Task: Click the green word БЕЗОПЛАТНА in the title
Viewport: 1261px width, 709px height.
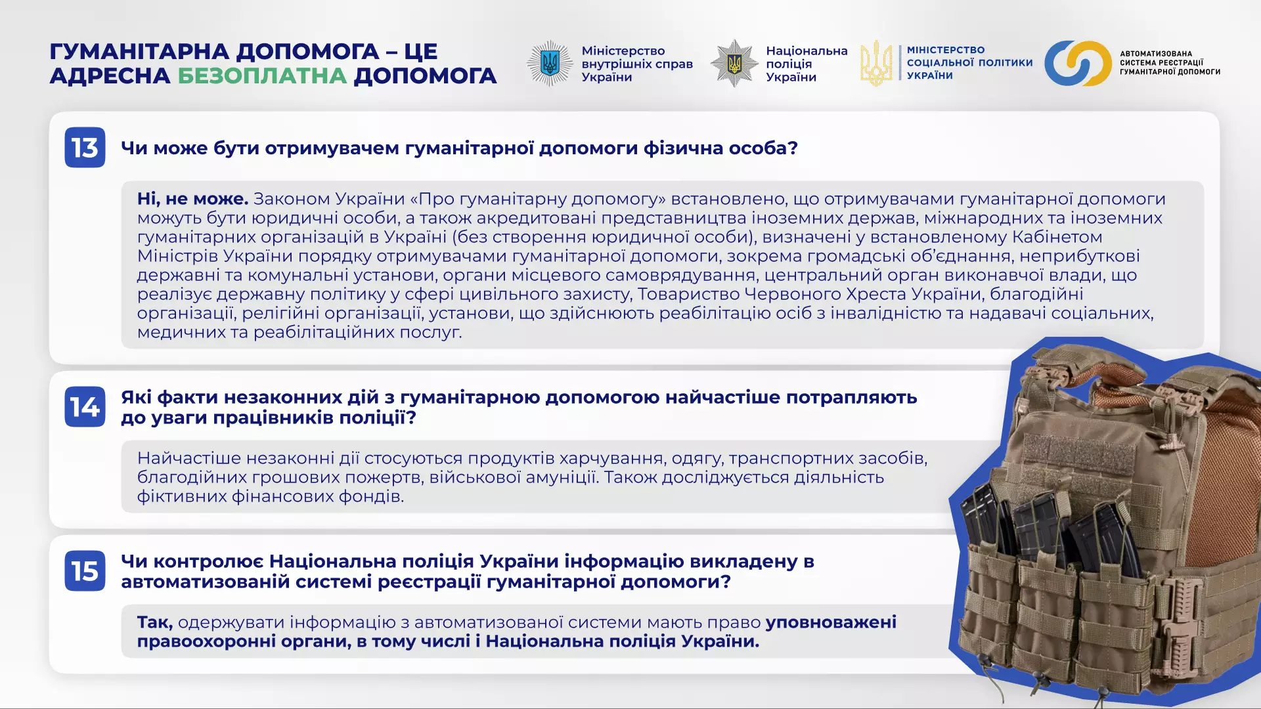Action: click(x=262, y=76)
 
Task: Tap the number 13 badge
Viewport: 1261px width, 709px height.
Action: click(x=85, y=148)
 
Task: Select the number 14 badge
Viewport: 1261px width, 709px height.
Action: click(x=85, y=407)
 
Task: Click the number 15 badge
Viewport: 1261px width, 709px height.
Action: click(x=85, y=571)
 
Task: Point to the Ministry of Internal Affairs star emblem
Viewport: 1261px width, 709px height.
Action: click(x=550, y=64)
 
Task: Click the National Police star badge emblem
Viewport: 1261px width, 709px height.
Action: click(x=734, y=64)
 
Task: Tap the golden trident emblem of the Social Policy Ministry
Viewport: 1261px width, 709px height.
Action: click(x=876, y=64)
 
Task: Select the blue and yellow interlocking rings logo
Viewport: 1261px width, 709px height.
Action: click(x=1078, y=64)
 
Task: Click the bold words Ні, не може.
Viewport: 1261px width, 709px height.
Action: click(x=192, y=199)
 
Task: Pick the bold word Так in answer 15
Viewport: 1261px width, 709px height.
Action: click(x=154, y=622)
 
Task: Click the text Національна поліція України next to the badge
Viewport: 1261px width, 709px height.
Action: click(x=806, y=64)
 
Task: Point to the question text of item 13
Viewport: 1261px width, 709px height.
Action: click(x=459, y=148)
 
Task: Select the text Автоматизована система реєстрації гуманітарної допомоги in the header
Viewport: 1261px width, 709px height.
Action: click(x=1170, y=63)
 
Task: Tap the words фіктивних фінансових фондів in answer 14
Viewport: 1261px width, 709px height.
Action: click(x=269, y=496)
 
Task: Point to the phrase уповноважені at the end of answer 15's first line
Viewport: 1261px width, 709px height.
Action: click(x=831, y=622)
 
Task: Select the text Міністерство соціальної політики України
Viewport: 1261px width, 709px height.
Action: click(x=969, y=63)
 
